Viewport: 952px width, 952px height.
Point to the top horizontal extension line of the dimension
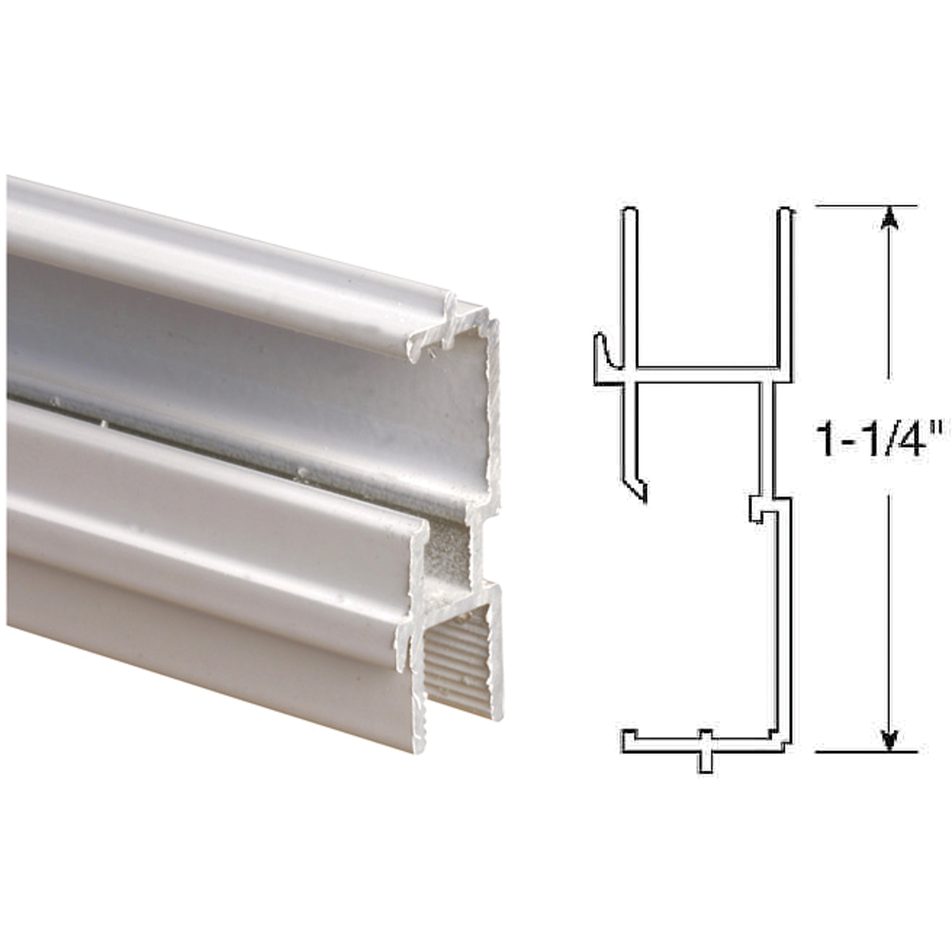click(x=865, y=206)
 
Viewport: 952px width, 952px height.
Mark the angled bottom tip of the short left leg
click(x=642, y=493)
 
